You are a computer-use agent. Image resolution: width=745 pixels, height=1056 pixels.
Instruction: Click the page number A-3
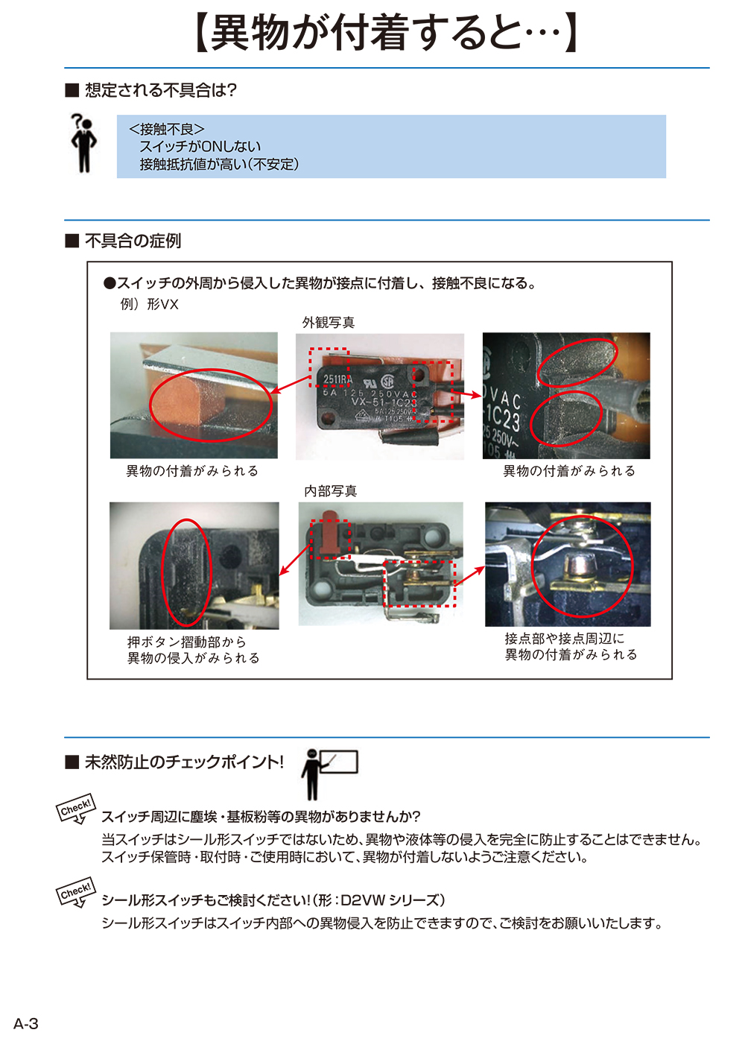pyautogui.click(x=26, y=1023)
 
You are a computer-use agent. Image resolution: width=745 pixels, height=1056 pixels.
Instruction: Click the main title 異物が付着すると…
pyautogui.click(x=385, y=33)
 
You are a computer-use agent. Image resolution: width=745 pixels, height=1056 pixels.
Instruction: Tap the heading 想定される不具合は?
pyautogui.click(x=160, y=90)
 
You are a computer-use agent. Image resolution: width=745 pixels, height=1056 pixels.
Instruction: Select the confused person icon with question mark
pyautogui.click(x=83, y=143)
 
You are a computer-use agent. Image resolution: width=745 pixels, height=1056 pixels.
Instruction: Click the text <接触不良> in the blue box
pyautogui.click(x=167, y=129)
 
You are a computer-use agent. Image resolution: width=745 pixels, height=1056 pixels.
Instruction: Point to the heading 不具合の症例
pyautogui.click(x=133, y=241)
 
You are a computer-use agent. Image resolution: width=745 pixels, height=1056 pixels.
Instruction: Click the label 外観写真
pyautogui.click(x=329, y=322)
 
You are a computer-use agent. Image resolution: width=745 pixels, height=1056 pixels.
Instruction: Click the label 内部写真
pyautogui.click(x=330, y=490)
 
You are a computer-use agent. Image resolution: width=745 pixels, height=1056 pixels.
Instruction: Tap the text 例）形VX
pyautogui.click(x=150, y=304)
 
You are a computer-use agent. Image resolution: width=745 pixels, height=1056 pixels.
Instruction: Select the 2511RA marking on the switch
pyautogui.click(x=337, y=379)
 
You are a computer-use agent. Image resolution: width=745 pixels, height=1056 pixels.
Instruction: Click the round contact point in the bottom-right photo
pyautogui.click(x=577, y=566)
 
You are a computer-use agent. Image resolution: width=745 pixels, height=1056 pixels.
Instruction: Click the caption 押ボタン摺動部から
pyautogui.click(x=186, y=642)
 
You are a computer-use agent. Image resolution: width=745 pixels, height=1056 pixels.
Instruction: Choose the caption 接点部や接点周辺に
pyautogui.click(x=564, y=639)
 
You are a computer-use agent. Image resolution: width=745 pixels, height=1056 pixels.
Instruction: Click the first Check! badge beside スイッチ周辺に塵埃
pyautogui.click(x=76, y=809)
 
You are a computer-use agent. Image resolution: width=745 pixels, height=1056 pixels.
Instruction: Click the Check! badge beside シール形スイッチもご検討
pyautogui.click(x=76, y=892)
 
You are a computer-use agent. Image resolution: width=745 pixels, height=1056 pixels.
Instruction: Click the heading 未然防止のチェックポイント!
pyautogui.click(x=184, y=762)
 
